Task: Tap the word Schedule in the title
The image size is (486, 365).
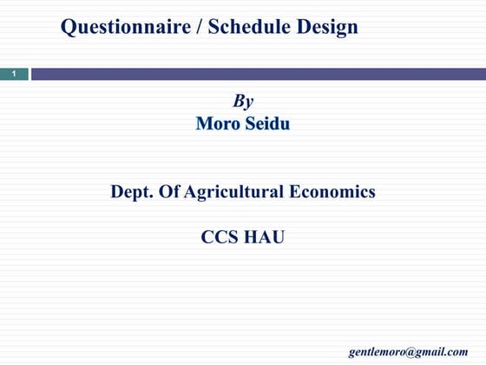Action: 260,28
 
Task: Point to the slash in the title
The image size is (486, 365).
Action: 200,28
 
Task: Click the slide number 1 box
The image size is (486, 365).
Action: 14,75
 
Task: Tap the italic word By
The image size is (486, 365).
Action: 243,101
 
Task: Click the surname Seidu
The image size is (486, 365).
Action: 267,124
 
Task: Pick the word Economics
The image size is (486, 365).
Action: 332,192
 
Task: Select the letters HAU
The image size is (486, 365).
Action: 265,236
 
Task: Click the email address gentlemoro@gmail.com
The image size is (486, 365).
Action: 408,351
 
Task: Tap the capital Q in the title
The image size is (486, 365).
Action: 69,28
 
